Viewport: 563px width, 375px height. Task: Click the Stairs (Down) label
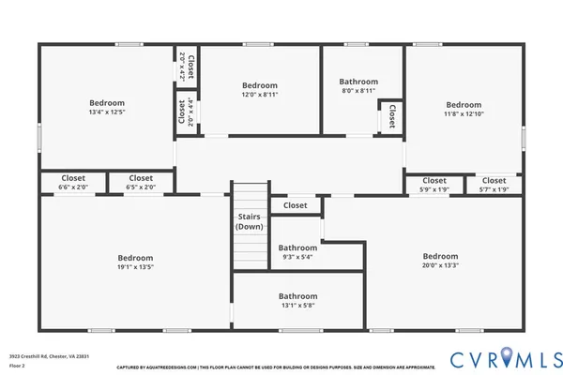click(249, 221)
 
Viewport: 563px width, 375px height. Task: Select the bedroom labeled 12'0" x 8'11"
click(260, 90)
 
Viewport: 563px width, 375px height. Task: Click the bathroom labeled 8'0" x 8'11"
click(358, 86)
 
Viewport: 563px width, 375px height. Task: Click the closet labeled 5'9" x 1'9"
click(434, 185)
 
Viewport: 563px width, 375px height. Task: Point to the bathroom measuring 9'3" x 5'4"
click(297, 252)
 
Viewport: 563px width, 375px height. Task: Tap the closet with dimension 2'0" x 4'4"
click(182, 112)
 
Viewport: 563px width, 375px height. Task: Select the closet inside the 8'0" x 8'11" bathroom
click(387, 116)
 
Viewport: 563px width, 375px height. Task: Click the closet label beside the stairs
click(295, 205)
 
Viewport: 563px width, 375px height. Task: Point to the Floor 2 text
click(17, 366)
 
